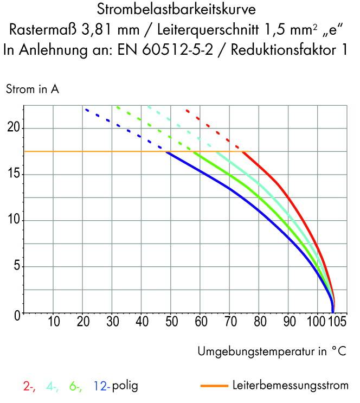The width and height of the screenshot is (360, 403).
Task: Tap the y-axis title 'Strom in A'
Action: tap(32, 89)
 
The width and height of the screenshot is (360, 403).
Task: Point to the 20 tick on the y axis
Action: tap(14, 128)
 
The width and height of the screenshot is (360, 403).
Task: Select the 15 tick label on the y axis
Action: tap(14, 174)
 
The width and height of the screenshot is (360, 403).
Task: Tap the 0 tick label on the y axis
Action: tap(17, 314)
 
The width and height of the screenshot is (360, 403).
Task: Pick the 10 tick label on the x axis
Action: tap(53, 322)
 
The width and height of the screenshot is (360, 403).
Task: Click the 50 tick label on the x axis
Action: tap(171, 322)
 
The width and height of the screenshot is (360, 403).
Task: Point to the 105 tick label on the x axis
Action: tap(337, 322)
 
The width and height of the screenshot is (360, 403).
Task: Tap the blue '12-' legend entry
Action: tap(102, 387)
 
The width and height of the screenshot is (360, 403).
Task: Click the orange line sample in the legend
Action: tap(214, 386)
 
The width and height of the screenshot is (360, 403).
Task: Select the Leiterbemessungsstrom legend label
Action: tap(290, 386)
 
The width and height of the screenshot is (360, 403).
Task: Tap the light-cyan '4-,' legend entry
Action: tap(53, 387)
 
